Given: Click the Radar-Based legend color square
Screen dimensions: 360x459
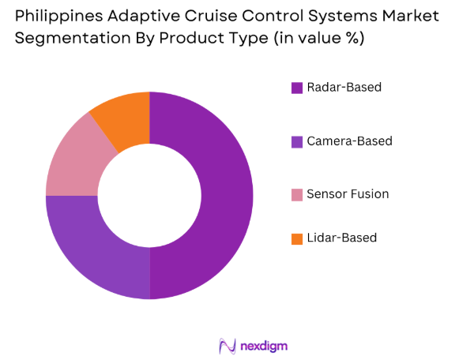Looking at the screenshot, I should click(x=297, y=88).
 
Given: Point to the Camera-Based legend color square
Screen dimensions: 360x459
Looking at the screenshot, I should click(x=297, y=141).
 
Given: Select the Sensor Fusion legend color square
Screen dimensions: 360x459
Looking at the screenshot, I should click(x=297, y=194).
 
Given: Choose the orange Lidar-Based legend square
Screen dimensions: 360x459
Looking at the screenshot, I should click(x=297, y=238).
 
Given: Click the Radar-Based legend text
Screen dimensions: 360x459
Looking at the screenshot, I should click(x=344, y=88).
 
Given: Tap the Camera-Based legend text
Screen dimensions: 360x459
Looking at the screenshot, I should click(x=349, y=141).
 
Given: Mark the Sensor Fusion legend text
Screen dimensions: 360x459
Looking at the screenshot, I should click(x=348, y=194).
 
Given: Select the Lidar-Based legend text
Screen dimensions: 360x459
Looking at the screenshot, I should click(x=343, y=238).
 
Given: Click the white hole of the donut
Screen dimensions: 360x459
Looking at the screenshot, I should click(x=149, y=196).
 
